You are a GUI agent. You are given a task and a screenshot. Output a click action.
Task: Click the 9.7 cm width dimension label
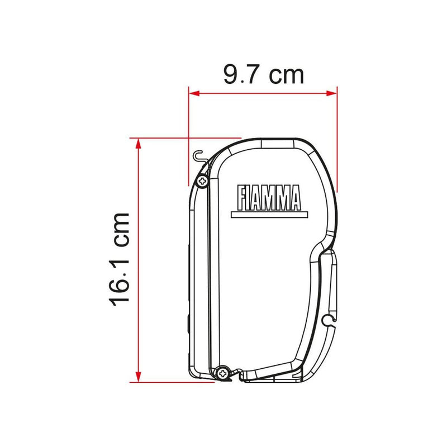coord(264,75)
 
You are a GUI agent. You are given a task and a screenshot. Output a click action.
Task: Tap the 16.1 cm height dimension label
coord(119,260)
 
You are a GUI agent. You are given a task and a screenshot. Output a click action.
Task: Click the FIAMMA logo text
coord(269,198)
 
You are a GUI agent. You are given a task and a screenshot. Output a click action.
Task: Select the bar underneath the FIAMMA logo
coord(269,215)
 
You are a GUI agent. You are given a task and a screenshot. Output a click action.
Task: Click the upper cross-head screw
coord(202,180)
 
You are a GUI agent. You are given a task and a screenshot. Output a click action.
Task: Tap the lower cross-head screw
coord(222,373)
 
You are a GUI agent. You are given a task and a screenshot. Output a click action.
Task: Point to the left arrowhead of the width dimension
coord(194,93)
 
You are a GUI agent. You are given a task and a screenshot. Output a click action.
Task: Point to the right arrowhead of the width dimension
coord(331,93)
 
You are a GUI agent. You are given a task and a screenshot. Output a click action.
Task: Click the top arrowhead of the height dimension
coord(138,144)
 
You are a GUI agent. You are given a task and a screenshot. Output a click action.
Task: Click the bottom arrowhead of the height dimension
coord(138,377)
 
